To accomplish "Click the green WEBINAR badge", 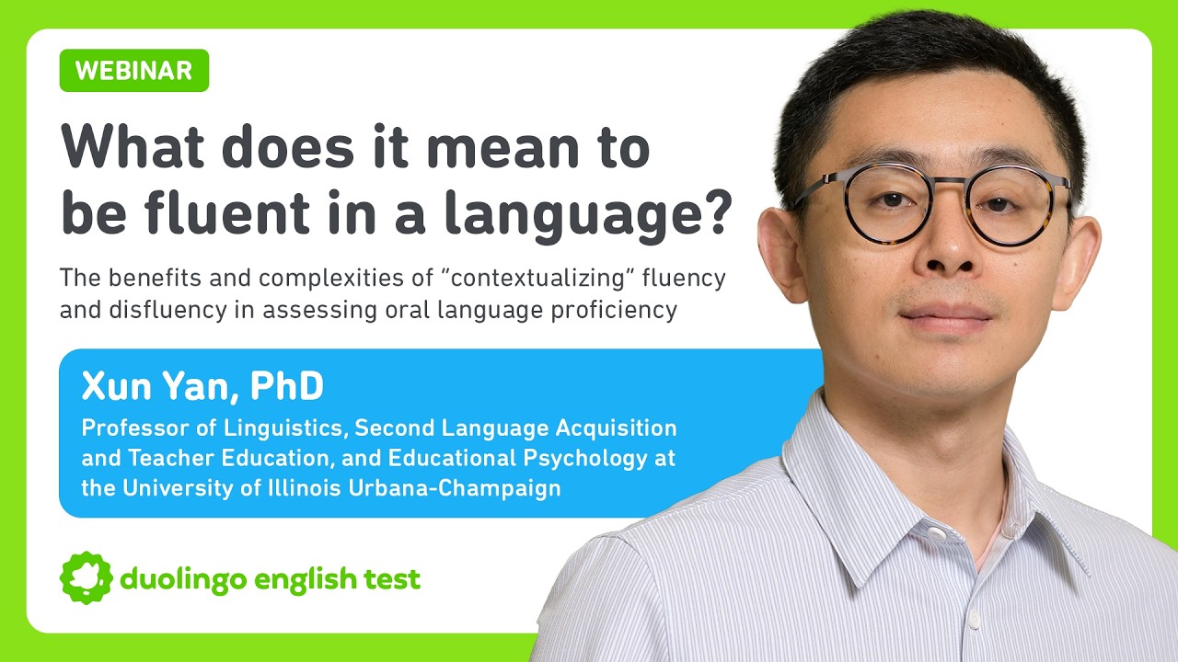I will click(134, 71).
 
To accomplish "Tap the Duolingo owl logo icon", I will click(86, 578).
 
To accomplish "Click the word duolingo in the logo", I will click(184, 579).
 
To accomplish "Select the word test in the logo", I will click(392, 579).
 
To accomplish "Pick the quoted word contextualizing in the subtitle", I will click(537, 277).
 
